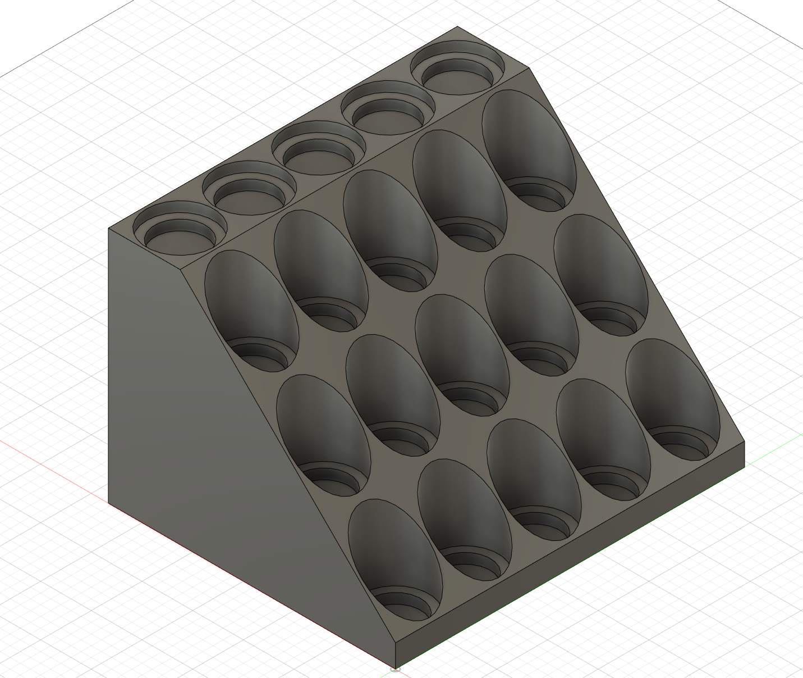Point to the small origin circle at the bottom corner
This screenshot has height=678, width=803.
pyautogui.click(x=395, y=668)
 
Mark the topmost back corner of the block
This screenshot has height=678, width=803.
pyautogui.click(x=457, y=26)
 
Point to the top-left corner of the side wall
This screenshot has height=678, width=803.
pyautogui.click(x=109, y=229)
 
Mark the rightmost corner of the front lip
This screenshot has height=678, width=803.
pyautogui.click(x=745, y=442)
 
